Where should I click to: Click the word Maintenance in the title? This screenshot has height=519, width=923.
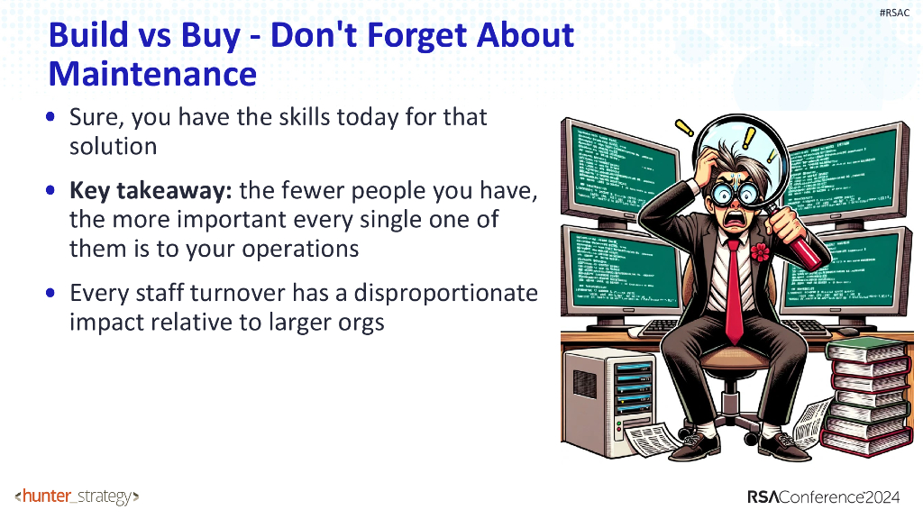(152, 73)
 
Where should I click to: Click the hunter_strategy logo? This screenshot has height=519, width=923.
(77, 496)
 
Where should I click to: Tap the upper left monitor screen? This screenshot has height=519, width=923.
(620, 163)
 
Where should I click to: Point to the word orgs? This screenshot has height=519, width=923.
(359, 323)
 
